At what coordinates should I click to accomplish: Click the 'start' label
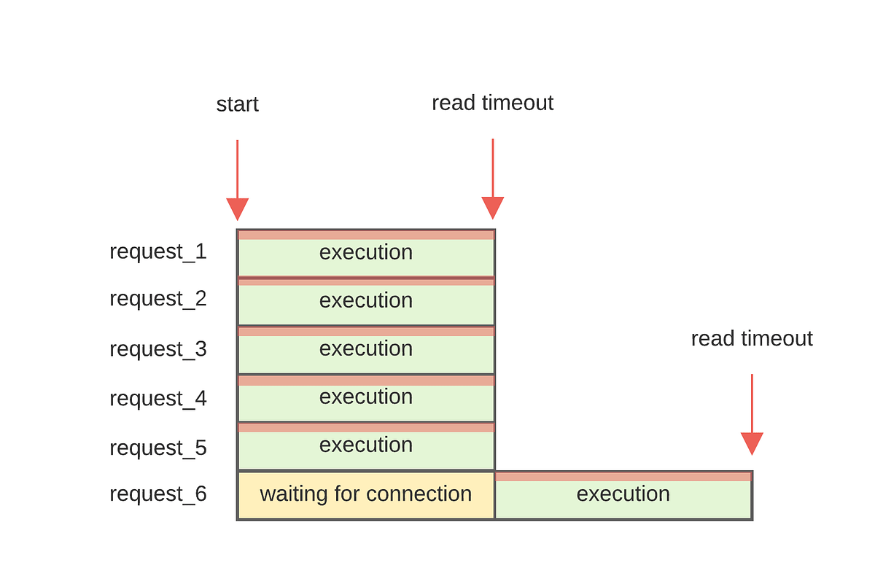pos(237,104)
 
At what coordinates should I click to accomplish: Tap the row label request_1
pos(158,252)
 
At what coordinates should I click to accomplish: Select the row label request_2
pos(158,299)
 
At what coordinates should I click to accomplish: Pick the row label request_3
pos(158,349)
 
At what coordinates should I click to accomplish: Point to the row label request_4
pos(158,399)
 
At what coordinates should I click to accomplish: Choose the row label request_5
pos(158,448)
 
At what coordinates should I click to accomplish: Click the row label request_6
pos(158,494)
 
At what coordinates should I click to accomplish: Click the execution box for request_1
pos(366,253)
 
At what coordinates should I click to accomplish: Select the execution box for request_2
pos(366,301)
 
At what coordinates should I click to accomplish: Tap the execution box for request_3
pos(366,350)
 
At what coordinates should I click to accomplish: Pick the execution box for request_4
pos(366,398)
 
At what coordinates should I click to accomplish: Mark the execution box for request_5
pos(366,446)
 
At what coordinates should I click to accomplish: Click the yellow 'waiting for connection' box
pos(366,495)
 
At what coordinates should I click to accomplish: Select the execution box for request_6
pos(623,495)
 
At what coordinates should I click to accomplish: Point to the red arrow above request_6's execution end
pos(752,416)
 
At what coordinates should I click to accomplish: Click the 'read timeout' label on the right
pos(752,339)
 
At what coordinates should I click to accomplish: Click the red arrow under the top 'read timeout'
pos(493,179)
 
